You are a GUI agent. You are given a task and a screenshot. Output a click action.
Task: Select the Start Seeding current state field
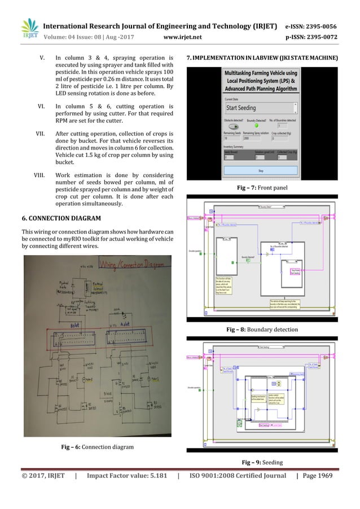[x=260, y=108]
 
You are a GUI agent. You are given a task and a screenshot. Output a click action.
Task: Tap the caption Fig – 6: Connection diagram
[x=98, y=447]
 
